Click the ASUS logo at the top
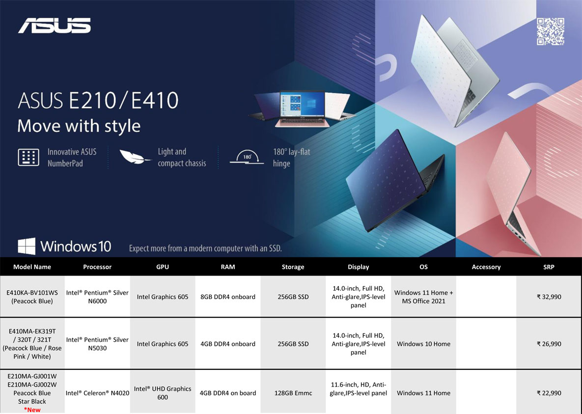tap(55, 26)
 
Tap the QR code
tap(551, 31)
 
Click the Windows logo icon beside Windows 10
tap(27, 246)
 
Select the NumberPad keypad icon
tap(28, 157)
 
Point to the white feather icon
tap(135, 157)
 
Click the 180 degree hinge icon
tap(247, 157)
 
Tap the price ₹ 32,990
tap(549, 297)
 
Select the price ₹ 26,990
tap(549, 344)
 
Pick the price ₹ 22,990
tap(549, 393)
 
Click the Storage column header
tap(293, 267)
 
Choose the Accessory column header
tap(486, 267)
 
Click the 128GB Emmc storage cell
tap(293, 393)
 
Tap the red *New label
tap(32, 410)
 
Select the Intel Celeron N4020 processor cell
tap(97, 393)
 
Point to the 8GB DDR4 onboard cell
tap(228, 297)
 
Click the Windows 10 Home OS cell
tap(423, 344)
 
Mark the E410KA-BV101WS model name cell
tap(32, 297)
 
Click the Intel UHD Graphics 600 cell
tap(163, 393)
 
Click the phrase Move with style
tap(79, 126)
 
